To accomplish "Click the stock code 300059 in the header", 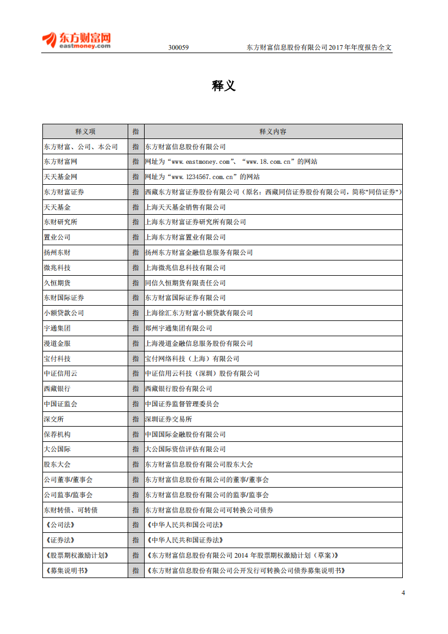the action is pos(179,47).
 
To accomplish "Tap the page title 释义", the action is pos(224,86).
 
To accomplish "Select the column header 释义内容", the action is pos(273,132).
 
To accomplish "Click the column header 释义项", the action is pos(85,132).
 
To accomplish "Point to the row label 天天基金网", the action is pos(60,177).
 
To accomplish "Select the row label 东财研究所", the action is pos(60,222).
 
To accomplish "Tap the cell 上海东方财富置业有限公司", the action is pos(185,237).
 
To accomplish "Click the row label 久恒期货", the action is pos(57,283).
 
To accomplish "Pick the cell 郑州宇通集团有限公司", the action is pos(179,328).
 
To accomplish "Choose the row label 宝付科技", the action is pos(57,359).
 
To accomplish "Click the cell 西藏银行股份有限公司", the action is pos(179,389).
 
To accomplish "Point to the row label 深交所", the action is pos(54,419).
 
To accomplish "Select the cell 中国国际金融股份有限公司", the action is pos(185,435).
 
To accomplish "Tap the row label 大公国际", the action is pos(57,449).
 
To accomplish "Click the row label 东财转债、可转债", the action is pos(71,510).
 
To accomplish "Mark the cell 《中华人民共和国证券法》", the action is pos(184,540).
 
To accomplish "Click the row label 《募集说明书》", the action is pos(66,571).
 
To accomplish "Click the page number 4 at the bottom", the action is pos(403,593).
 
